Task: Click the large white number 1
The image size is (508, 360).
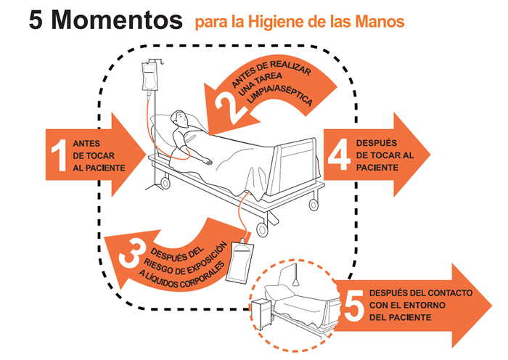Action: click(60, 155)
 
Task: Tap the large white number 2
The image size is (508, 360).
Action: click(229, 107)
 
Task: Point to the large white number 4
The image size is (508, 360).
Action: click(339, 155)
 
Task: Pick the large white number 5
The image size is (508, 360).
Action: click(354, 306)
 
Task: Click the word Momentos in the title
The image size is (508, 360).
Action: click(117, 20)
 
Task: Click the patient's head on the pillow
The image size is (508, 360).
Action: click(179, 119)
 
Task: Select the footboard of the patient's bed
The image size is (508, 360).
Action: click(295, 166)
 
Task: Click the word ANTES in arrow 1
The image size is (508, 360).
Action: click(86, 144)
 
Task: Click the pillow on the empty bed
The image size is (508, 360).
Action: click(279, 291)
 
